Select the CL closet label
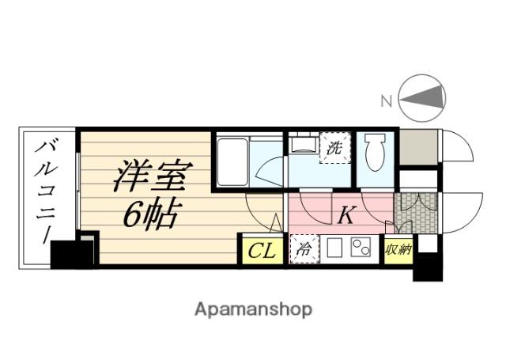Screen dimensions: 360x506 tap(262, 252)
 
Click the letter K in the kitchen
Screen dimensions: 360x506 tap(346, 214)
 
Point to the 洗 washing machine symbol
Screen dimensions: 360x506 tap(334, 147)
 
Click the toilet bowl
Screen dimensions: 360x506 tap(376, 150)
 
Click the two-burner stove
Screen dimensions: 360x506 tap(361, 249)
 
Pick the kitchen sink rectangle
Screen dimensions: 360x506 tap(333, 249)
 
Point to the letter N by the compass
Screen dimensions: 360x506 tap(387, 100)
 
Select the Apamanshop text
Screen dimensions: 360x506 tap(253, 309)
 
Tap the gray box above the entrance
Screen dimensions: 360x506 tap(418, 148)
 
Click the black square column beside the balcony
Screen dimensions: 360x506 tap(73, 252)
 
